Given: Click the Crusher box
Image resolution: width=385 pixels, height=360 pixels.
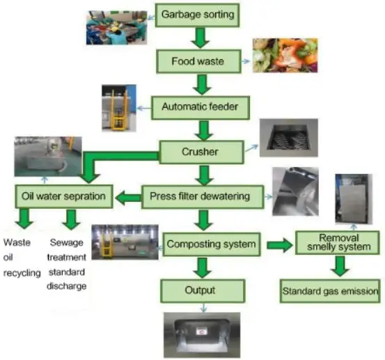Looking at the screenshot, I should pos(201,150).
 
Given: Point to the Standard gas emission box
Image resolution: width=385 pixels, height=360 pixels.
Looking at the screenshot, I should pos(330,290).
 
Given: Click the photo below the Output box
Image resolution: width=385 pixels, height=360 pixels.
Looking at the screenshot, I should pos(202,333).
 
